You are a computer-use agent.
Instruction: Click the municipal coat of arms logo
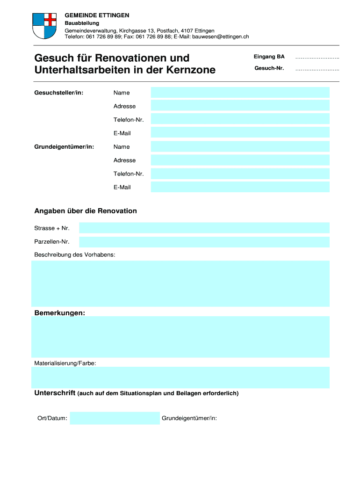click(x=44, y=26)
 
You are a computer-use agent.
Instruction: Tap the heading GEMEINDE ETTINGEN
click(x=97, y=15)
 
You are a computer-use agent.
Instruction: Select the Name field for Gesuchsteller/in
click(x=240, y=93)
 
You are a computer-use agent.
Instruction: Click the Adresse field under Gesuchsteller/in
click(x=240, y=106)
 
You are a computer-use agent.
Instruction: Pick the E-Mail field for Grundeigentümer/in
click(x=240, y=187)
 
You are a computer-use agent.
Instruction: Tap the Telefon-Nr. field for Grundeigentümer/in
click(x=240, y=174)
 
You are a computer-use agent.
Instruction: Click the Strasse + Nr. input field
click(x=204, y=228)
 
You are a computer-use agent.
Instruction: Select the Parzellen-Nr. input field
click(x=204, y=242)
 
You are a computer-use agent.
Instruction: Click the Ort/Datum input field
click(x=115, y=418)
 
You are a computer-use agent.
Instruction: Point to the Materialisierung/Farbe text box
click(x=180, y=377)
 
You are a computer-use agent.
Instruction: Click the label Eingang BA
click(x=269, y=57)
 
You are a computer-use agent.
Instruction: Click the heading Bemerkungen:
click(x=60, y=312)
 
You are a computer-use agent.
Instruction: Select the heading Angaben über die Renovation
click(x=86, y=211)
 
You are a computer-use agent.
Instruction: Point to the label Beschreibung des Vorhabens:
click(x=75, y=255)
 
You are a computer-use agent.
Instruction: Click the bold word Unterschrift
click(x=55, y=393)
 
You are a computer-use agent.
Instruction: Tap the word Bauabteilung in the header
click(x=82, y=23)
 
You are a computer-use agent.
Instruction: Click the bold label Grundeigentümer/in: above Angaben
click(x=64, y=147)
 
